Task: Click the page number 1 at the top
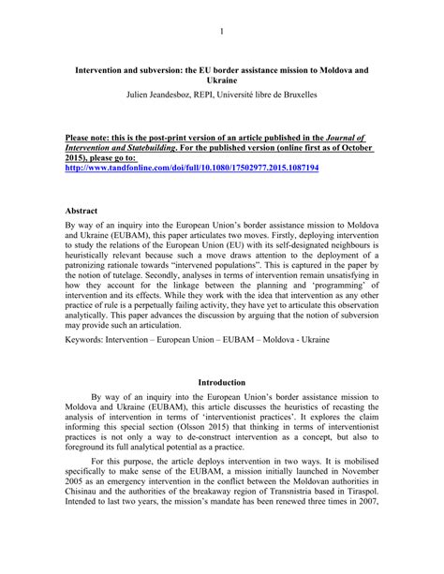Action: pos(222,31)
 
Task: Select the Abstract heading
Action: pos(84,212)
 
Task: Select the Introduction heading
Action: pos(222,408)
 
